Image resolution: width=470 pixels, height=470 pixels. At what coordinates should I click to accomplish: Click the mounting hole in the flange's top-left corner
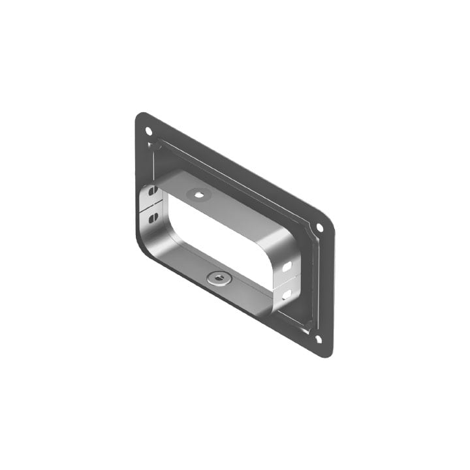[x=148, y=131]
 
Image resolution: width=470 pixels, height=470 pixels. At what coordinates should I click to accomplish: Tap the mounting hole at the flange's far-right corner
[x=320, y=227]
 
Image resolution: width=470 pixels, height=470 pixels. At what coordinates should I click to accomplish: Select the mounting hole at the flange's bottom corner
[x=318, y=338]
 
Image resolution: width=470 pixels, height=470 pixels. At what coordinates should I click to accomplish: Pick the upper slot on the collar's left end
[x=153, y=192]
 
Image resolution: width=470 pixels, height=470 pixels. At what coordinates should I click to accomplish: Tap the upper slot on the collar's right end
[x=287, y=267]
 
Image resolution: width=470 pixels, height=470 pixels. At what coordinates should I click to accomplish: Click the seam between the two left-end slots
[x=151, y=206]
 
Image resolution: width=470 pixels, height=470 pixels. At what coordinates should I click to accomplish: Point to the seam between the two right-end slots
[x=285, y=281]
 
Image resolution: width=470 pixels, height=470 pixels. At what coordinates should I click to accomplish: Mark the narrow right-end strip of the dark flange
[x=326, y=287]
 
